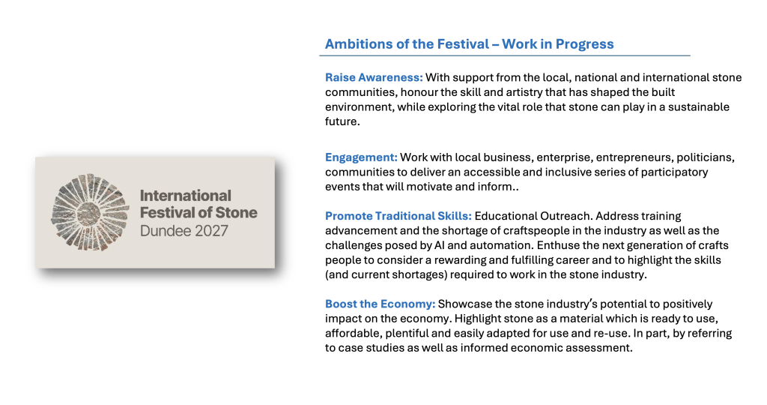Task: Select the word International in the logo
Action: coord(186,196)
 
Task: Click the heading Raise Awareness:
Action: coord(374,77)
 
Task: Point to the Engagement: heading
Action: coord(361,157)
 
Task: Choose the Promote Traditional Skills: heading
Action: coord(398,216)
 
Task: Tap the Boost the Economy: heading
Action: coord(380,304)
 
